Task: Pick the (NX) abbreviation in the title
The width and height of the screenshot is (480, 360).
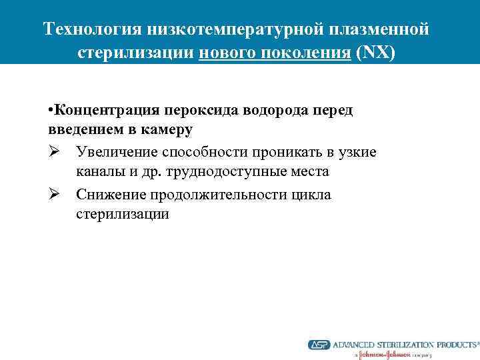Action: click(376, 53)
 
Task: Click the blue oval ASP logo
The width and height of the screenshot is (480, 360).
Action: click(318, 345)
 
